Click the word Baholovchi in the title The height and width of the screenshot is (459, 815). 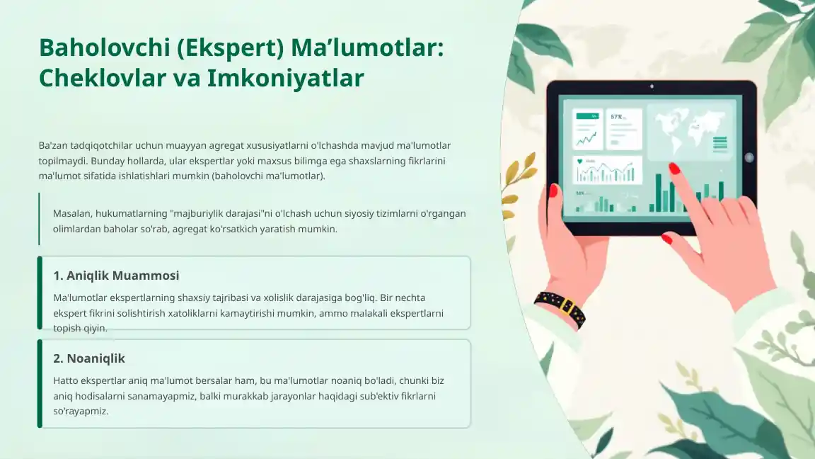tap(105, 47)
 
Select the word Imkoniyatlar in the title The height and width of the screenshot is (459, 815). tap(285, 79)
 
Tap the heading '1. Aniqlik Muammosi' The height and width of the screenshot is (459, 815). tap(116, 276)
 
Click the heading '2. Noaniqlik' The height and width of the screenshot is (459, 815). tap(89, 358)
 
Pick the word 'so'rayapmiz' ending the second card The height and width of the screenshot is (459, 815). tap(81, 411)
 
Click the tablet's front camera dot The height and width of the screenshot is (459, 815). tap(652, 86)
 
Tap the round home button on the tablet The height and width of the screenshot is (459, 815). tap(749, 157)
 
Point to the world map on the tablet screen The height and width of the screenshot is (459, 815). tap(690, 130)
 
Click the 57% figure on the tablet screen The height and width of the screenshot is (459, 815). tap(617, 117)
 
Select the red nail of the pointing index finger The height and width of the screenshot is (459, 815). tap(674, 168)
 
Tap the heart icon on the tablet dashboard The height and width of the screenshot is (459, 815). tap(580, 161)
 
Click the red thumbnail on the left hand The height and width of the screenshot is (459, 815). tap(553, 191)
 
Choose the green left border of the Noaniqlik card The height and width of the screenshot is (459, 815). tap(40, 383)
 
